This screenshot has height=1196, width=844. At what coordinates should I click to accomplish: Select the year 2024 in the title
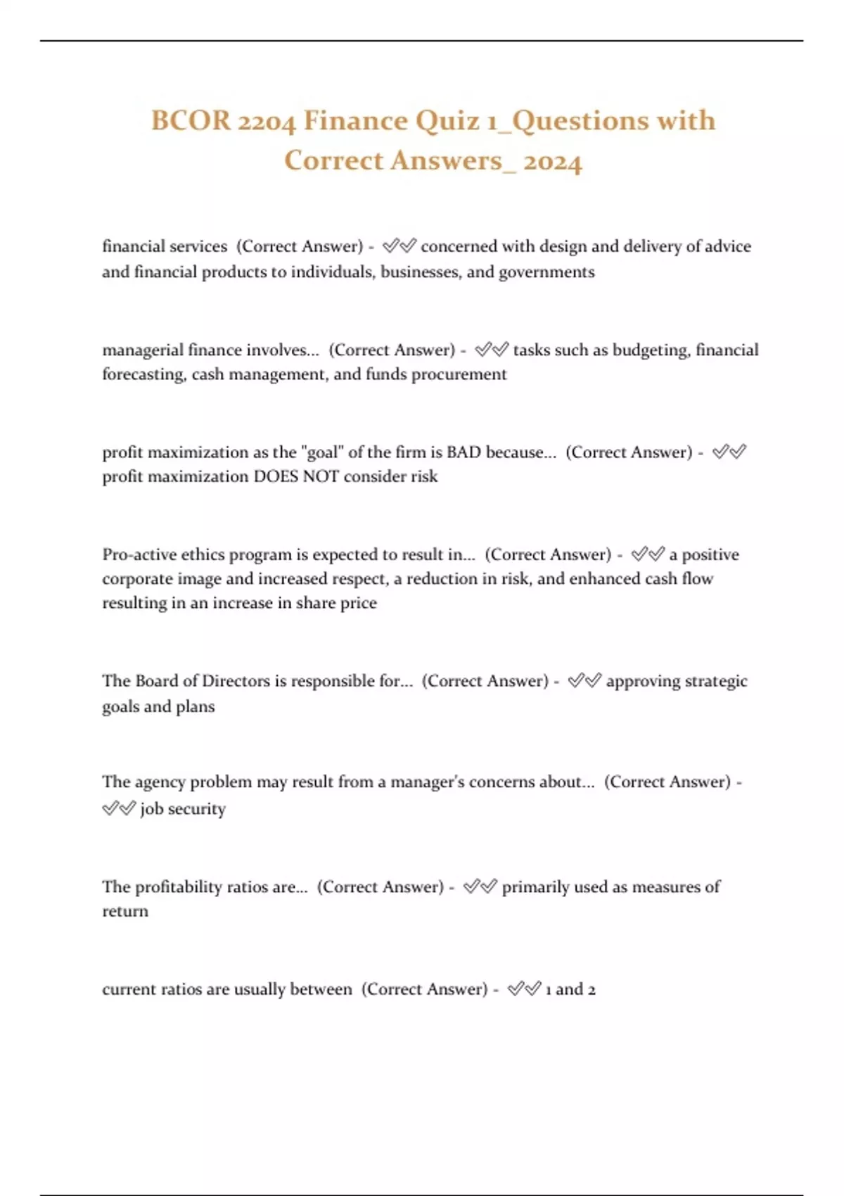click(x=553, y=161)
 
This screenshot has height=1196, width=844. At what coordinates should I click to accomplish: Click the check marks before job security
click(x=118, y=809)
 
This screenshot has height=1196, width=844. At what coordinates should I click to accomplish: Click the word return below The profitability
click(x=125, y=912)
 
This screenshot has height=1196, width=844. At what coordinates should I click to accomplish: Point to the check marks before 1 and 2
click(x=524, y=990)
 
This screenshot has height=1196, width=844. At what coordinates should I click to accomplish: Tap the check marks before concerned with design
click(x=399, y=246)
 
